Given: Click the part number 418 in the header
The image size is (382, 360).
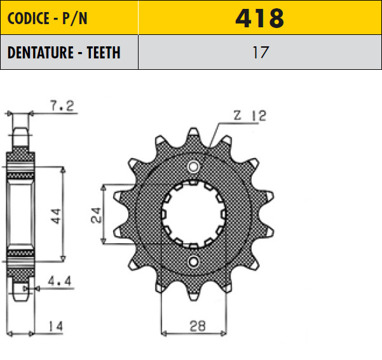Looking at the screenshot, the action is pyautogui.click(x=260, y=18).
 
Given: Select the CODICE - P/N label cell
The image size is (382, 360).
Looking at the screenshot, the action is pyautogui.click(x=69, y=18).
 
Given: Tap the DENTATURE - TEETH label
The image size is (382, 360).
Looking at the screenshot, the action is pyautogui.click(x=64, y=52).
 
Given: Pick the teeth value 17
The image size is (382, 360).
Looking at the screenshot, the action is pyautogui.click(x=261, y=52).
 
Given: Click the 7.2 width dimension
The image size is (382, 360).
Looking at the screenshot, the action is pyautogui.click(x=62, y=106).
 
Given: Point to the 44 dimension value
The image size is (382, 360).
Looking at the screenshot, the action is pyautogui.click(x=56, y=216).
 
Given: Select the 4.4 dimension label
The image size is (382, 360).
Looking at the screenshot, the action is pyautogui.click(x=60, y=281).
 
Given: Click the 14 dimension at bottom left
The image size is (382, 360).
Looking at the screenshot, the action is pyautogui.click(x=56, y=326).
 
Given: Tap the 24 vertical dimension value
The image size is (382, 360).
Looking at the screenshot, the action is pyautogui.click(x=96, y=215).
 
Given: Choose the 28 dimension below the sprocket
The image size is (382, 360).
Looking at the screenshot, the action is pyautogui.click(x=198, y=326).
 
